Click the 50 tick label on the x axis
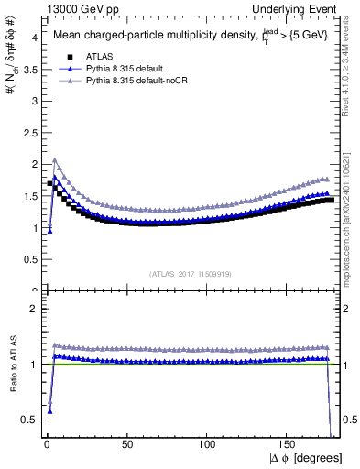point(127,444)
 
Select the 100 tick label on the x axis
point(208,444)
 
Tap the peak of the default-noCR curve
point(55,160)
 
